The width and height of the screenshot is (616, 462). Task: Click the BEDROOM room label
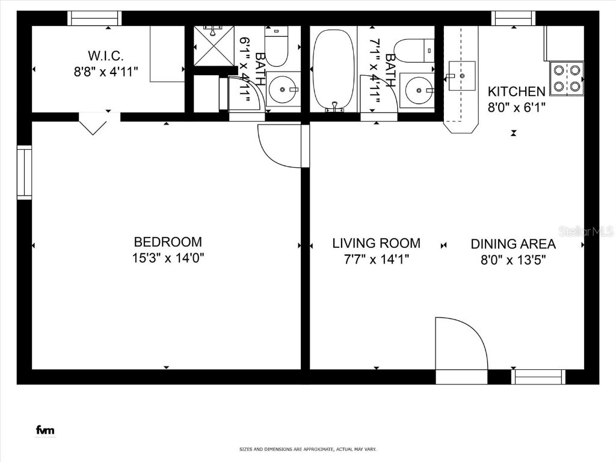coord(168,242)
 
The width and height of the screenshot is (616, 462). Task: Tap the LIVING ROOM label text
coord(376,243)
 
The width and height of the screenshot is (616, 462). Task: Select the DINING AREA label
coord(513,244)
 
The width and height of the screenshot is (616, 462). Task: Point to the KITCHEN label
coord(516,91)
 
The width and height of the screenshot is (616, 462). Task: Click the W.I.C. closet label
coord(106,56)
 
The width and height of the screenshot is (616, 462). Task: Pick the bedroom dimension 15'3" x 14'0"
coord(168,258)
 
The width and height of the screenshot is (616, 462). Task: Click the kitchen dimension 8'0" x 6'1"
coord(516,108)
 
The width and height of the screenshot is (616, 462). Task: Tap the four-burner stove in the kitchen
coord(567,78)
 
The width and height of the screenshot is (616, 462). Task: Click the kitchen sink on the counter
coord(462,76)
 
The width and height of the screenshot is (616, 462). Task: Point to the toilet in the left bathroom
coord(277,49)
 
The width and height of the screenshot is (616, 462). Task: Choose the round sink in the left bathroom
coord(282,90)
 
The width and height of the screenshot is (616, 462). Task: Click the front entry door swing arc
coord(461,343)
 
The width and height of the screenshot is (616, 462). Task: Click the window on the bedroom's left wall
coord(24,173)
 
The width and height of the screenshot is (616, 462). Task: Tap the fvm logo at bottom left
coord(45,430)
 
